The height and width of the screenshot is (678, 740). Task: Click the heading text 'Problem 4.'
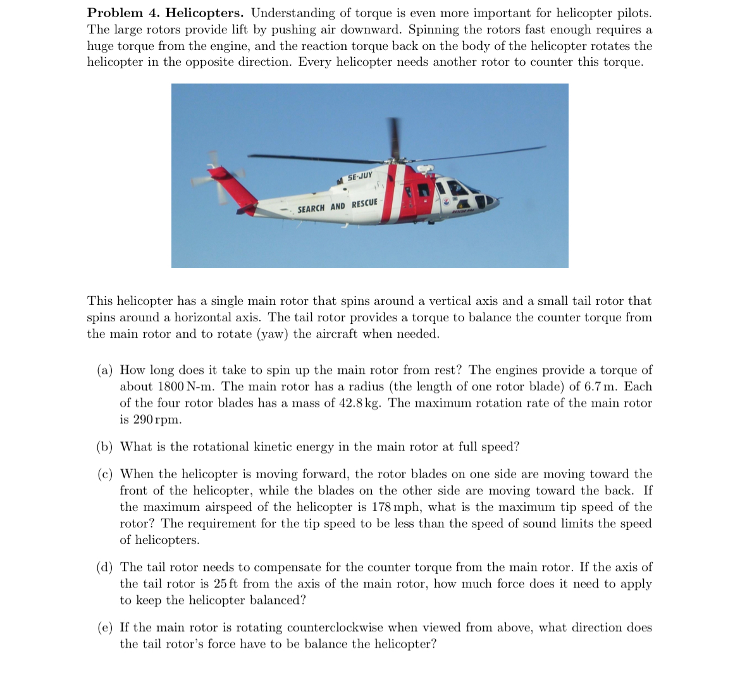pos(123,13)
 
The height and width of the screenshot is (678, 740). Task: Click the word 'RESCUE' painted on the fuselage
pos(364,203)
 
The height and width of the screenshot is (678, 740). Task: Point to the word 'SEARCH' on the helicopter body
pos(312,208)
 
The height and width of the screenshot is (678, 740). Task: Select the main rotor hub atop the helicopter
pos(397,158)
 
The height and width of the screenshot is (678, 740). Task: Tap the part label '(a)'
pos(105,370)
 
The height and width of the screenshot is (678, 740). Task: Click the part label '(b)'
pos(105,447)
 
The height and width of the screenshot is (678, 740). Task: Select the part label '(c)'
pos(105,474)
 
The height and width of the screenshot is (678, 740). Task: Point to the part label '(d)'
pos(105,567)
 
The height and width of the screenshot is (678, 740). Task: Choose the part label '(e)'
pos(105,628)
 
